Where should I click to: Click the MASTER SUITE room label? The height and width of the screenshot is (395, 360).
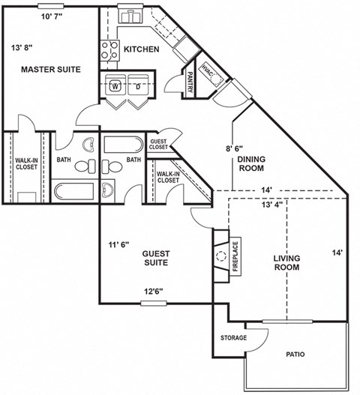pos(50,70)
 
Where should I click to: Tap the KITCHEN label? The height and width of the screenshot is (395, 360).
pos(141,49)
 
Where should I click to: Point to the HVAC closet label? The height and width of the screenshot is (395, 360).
pos(208,74)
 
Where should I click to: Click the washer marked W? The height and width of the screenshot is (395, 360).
pos(115,85)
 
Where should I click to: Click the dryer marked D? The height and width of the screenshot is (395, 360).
pos(139,85)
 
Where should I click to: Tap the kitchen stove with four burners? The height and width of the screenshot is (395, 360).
pos(109,49)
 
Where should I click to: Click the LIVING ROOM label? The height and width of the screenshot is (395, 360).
pos(287,262)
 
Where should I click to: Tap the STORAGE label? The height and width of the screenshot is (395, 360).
pos(233,338)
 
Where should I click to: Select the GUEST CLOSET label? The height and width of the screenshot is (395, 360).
pos(159,145)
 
